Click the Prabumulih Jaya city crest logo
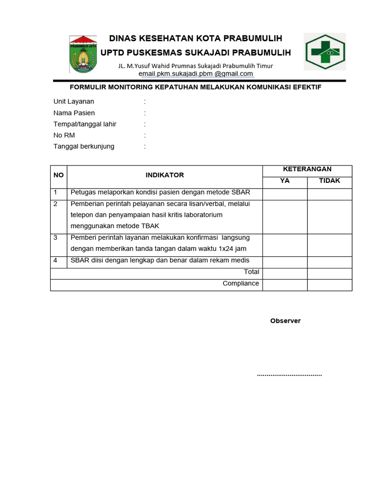[x=83, y=53]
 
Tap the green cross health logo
[x=325, y=52]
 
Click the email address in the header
[x=196, y=74]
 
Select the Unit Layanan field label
[x=74, y=102]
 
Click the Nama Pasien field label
[x=74, y=113]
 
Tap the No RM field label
[x=64, y=135]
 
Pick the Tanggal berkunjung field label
[x=84, y=146]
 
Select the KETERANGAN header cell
[x=307, y=169]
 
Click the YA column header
[x=284, y=181]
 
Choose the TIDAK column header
[x=329, y=181]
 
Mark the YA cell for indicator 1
[x=284, y=193]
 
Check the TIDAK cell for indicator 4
[x=329, y=261]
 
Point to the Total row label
[x=251, y=272]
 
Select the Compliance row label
[x=241, y=284]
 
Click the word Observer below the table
[x=285, y=321]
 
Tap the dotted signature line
[x=289, y=375]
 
